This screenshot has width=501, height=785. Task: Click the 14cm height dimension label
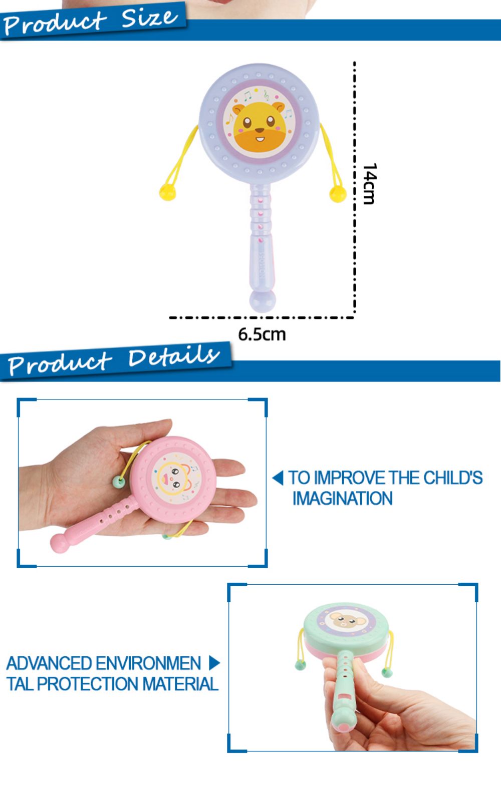click(370, 184)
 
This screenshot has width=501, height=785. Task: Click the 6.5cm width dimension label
click(262, 334)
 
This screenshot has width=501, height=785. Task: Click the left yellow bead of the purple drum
click(167, 192)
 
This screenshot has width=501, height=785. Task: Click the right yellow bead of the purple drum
click(338, 194)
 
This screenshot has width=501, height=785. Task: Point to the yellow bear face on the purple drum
click(259, 126)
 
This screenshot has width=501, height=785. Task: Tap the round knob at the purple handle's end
click(262, 301)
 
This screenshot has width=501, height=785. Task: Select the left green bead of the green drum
click(300, 664)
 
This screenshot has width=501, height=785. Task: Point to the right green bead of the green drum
click(387, 672)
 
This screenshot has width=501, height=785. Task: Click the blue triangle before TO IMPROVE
click(278, 478)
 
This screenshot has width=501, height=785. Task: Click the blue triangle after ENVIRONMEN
click(214, 663)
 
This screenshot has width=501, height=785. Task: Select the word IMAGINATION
click(343, 498)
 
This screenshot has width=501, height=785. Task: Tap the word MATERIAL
click(180, 684)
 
